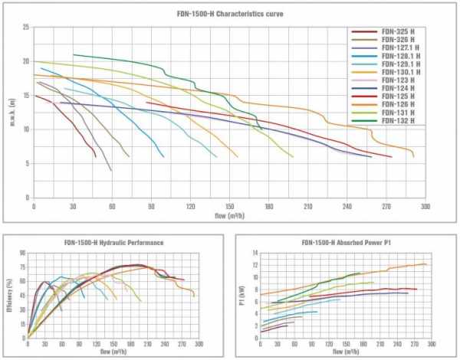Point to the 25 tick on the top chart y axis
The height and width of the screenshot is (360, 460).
(x=26, y=28)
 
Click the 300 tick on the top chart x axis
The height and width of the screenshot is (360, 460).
(x=426, y=206)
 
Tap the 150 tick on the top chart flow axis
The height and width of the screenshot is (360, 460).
(x=230, y=206)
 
